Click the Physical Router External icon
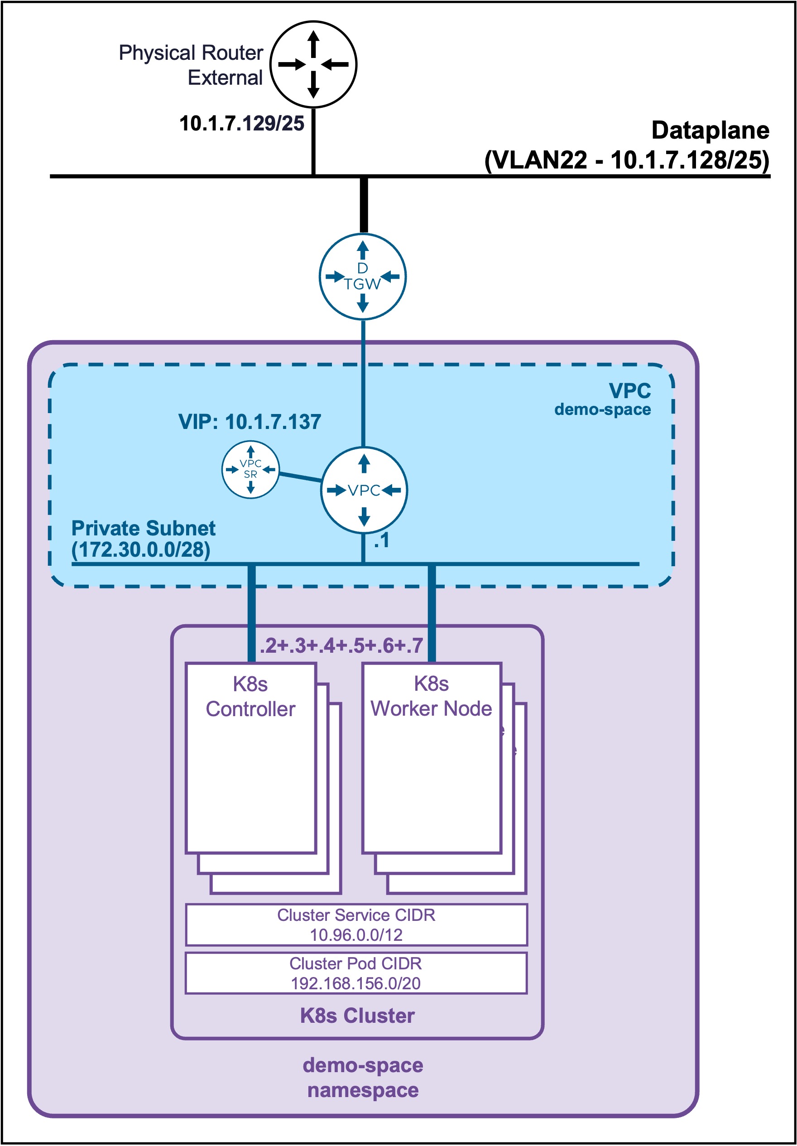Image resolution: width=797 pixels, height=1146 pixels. coord(313,64)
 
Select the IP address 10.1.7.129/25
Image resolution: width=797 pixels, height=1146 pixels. coord(241,123)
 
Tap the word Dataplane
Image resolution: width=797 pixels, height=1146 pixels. coord(710,131)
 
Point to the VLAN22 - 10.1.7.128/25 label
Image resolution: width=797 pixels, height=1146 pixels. coord(627,160)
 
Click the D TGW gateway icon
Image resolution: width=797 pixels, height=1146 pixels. coord(363,276)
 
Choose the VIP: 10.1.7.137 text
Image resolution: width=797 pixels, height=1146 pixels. coord(250,422)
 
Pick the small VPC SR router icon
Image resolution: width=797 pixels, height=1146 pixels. coord(250,469)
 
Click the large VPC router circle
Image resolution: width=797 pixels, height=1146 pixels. coord(364,490)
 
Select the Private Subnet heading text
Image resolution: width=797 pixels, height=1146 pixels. coord(143,528)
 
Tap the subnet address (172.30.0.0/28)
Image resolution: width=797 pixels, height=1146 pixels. coord(141,549)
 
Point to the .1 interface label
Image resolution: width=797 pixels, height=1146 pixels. coord(382,540)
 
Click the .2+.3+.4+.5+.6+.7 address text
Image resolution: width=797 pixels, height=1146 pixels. coord(341,645)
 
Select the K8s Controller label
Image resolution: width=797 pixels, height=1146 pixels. coord(250,696)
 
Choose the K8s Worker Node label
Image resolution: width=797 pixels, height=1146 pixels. coord(431,696)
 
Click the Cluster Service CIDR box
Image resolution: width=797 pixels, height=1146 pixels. coord(356,925)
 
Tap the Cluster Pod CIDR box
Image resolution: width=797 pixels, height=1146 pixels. coord(356,973)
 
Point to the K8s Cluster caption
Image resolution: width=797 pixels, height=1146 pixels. coord(357,1016)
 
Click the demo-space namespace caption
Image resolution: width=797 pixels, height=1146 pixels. coord(363,1078)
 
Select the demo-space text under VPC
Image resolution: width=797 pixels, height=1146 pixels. coord(602,410)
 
